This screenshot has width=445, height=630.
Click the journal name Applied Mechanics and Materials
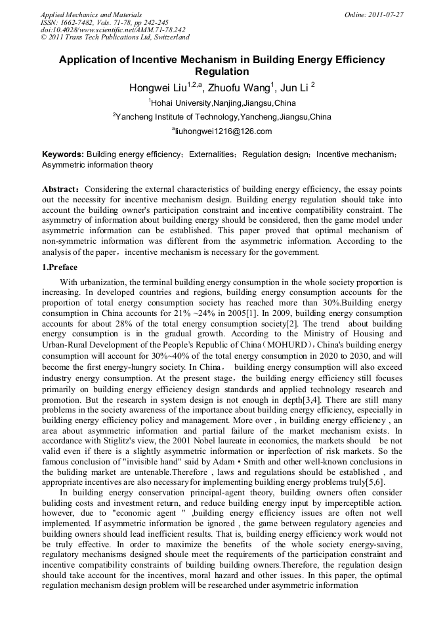click(x=91, y=14)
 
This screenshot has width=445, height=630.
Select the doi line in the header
click(x=113, y=30)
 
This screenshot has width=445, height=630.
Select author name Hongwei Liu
click(x=158, y=87)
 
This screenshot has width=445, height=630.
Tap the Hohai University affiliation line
click(x=222, y=103)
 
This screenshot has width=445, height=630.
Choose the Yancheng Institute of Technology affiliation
click(x=222, y=117)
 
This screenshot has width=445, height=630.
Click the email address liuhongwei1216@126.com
click(x=223, y=131)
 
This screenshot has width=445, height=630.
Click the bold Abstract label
click(x=60, y=189)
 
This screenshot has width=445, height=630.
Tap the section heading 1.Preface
click(x=60, y=268)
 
